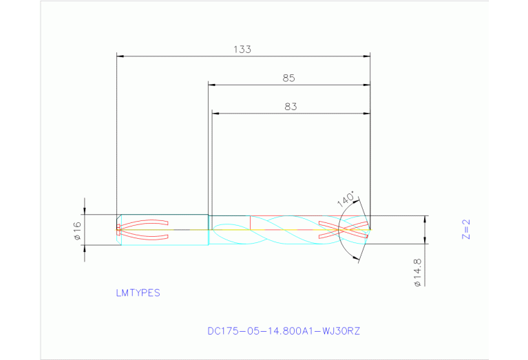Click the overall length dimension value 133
point(242,50)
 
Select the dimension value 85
point(288,78)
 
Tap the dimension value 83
point(291,107)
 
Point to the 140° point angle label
point(346,200)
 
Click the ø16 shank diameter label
point(78,230)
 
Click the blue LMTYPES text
point(138,293)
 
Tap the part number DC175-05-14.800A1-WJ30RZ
point(284,331)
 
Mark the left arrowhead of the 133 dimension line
point(120,55)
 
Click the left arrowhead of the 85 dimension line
point(212,85)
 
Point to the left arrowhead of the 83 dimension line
point(215,113)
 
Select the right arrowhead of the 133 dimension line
point(367,55)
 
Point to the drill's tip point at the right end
point(370,229)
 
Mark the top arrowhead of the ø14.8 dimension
point(425,219)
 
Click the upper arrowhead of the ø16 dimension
point(85,211)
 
